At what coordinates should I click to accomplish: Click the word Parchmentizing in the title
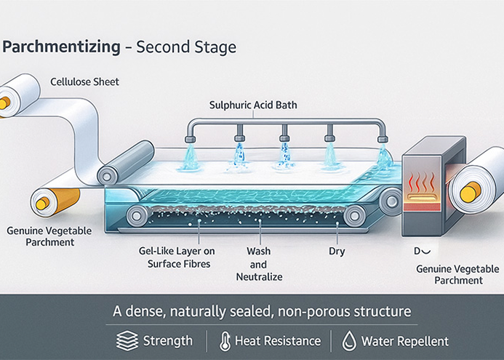tap(61, 48)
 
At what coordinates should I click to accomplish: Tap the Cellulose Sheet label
tap(85, 81)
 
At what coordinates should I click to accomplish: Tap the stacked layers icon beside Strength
tap(127, 340)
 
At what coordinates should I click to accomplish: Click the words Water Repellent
tap(405, 340)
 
